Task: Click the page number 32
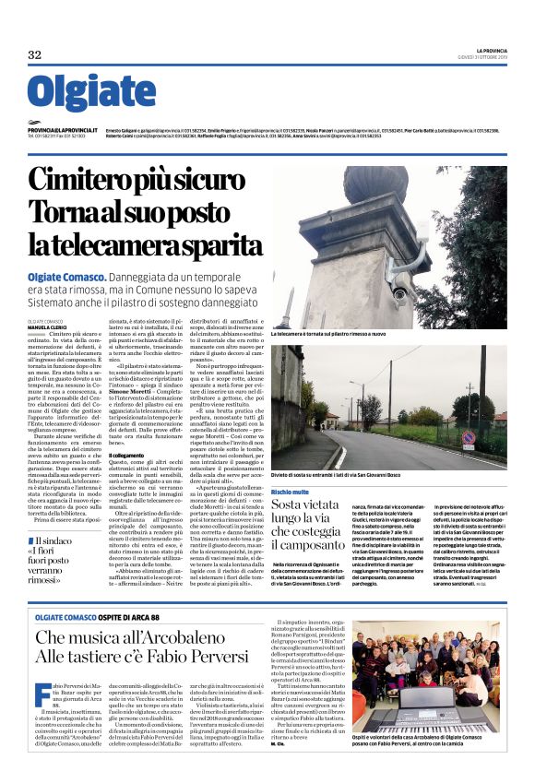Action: point(35,54)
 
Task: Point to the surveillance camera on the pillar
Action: point(400,292)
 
